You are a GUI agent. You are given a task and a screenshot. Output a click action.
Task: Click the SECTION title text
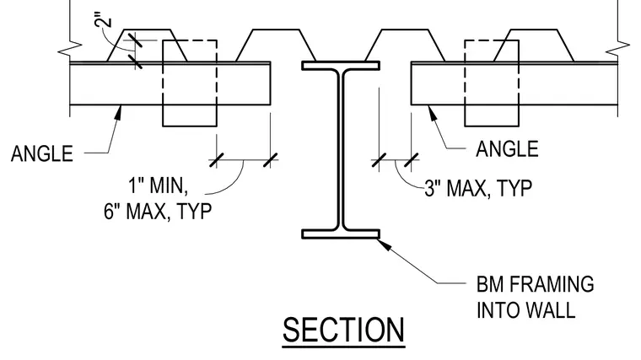click(x=343, y=330)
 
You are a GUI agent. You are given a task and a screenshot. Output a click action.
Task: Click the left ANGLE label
click(x=42, y=153)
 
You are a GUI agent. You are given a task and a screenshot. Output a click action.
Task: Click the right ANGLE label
click(x=507, y=148)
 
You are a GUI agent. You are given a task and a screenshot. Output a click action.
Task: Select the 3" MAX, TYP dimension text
click(x=478, y=188)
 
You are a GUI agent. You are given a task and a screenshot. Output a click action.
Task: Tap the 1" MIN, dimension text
click(x=159, y=185)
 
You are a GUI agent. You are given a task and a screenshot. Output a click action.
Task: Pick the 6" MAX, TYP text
click(x=158, y=212)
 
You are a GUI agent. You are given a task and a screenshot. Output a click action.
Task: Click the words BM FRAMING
click(x=535, y=284)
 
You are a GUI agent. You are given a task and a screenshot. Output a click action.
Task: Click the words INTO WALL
click(x=526, y=310)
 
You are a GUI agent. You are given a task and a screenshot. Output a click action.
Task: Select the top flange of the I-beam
click(x=341, y=66)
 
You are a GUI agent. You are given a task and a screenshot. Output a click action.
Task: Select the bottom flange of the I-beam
click(x=341, y=234)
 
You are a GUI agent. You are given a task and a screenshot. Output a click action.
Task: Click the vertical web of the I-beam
click(x=341, y=149)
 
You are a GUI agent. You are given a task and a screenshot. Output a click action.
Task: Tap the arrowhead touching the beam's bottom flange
click(x=382, y=244)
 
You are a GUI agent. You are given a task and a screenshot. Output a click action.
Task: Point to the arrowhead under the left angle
click(x=119, y=112)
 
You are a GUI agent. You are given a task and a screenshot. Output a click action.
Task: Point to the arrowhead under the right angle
click(x=432, y=112)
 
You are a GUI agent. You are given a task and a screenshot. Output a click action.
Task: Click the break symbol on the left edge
click(x=70, y=48)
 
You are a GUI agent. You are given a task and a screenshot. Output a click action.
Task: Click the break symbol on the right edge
click(x=617, y=48)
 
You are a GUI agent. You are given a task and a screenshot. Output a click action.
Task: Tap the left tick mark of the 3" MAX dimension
click(x=379, y=160)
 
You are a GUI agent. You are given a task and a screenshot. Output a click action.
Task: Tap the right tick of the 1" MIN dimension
click(x=270, y=160)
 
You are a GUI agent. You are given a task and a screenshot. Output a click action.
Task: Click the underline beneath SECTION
click(x=343, y=347)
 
